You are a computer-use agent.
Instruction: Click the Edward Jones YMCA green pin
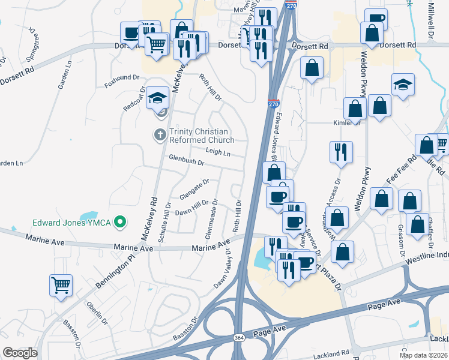click(x=120, y=223)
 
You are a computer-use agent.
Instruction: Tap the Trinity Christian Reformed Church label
click(x=202, y=136)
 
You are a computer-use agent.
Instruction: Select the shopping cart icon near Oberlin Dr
click(x=61, y=286)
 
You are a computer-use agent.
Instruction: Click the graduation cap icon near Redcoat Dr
click(x=158, y=98)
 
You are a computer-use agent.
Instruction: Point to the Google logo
click(x=20, y=353)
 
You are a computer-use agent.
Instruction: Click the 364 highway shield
click(x=238, y=338)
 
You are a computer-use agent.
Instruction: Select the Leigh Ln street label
click(x=218, y=153)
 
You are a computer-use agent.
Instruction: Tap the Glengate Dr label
click(x=194, y=189)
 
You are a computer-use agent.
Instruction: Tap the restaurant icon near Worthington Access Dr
click(x=340, y=152)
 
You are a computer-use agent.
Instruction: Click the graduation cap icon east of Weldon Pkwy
click(x=403, y=85)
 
